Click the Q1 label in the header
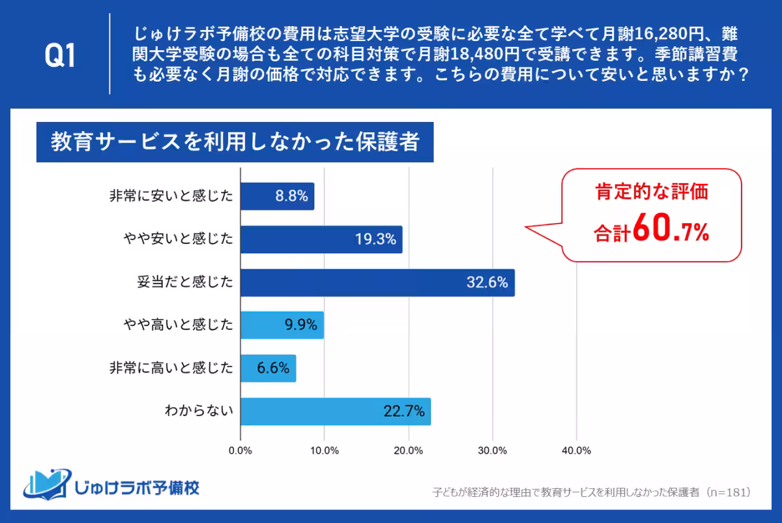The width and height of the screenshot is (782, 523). point(60,57)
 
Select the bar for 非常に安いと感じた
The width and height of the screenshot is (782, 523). point(278,196)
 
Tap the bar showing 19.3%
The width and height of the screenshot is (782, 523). point(321,239)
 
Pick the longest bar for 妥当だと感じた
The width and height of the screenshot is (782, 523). point(377,283)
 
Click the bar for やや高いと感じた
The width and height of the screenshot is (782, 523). point(282,325)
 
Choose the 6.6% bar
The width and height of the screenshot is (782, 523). point(268,368)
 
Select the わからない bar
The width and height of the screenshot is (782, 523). point(336,411)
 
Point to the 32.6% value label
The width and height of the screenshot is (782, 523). point(487,284)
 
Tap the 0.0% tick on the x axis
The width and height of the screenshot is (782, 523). point(241,451)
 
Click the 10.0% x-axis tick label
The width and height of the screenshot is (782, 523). point(325,451)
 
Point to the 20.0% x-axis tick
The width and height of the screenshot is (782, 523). point(409,451)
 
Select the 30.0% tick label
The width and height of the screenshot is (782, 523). point(493,451)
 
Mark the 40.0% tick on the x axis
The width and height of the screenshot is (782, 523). point(576,451)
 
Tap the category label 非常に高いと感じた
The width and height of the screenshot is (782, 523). point(171,368)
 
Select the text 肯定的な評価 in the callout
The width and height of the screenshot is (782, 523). point(651,193)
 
